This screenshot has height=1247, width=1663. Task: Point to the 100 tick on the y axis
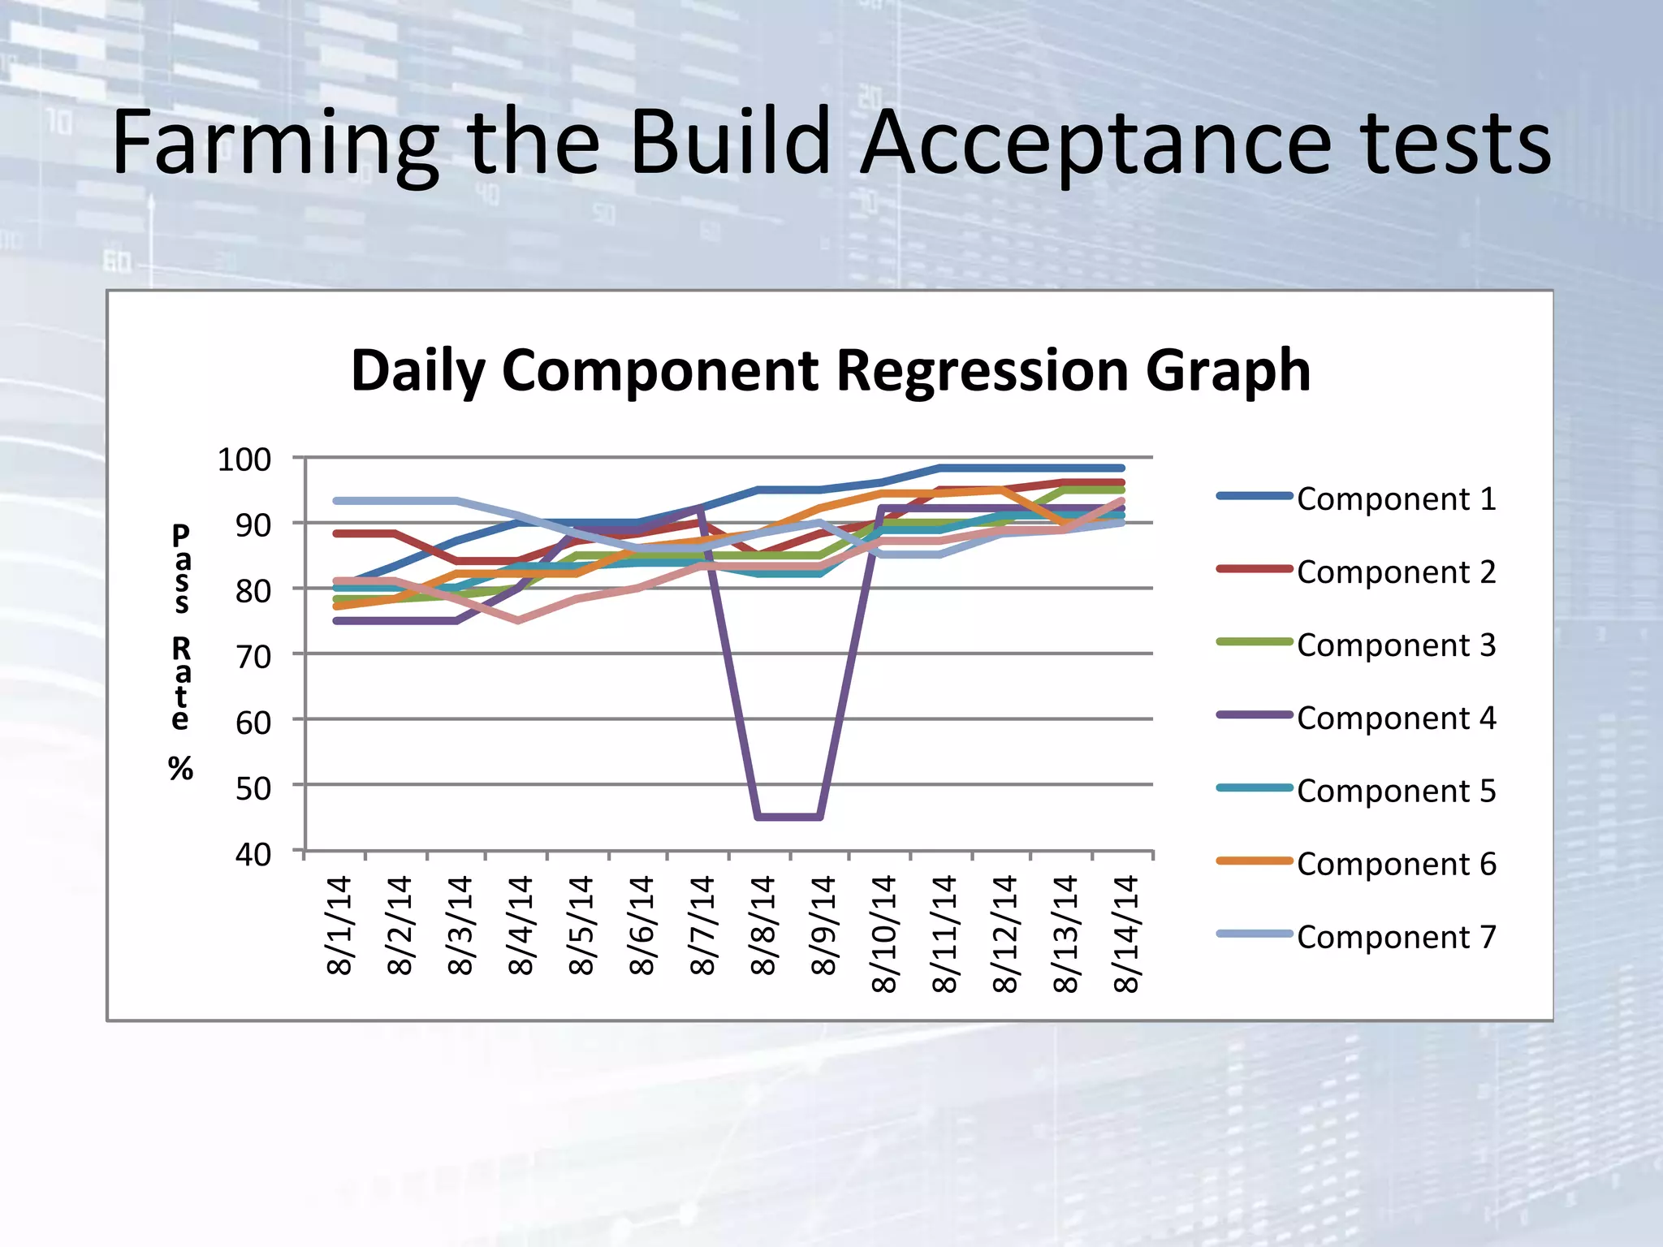(244, 460)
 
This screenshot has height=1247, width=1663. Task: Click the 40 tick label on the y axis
(253, 854)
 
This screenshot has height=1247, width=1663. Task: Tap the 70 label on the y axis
(253, 656)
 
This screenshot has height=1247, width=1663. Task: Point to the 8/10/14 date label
(884, 934)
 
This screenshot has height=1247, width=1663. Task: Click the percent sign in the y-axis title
(180, 768)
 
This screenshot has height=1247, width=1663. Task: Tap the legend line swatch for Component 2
(1254, 568)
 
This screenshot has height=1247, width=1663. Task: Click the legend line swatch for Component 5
(1254, 787)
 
